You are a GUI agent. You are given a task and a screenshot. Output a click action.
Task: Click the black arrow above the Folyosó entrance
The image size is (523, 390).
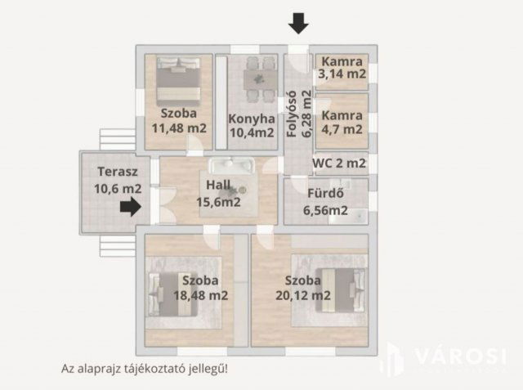(299, 23)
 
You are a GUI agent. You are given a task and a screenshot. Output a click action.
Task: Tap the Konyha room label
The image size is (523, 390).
(246, 117)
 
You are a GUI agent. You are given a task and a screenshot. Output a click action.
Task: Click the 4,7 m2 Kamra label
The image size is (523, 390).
(342, 128)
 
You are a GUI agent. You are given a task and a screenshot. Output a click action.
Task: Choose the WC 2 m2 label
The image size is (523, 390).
(339, 163)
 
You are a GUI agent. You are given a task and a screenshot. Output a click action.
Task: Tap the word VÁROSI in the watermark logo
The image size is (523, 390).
(461, 356)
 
